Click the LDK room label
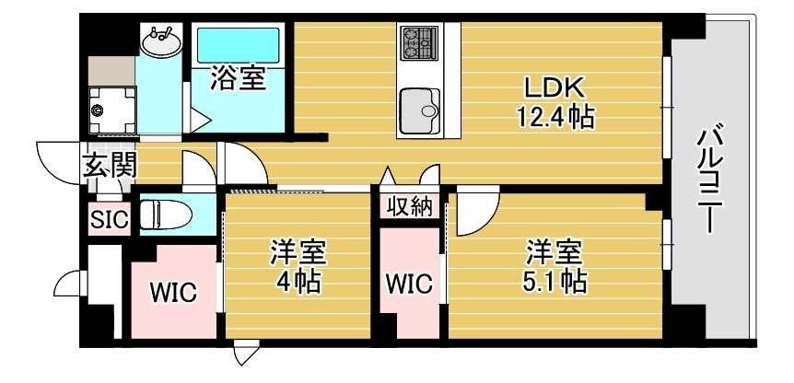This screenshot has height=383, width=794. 555,87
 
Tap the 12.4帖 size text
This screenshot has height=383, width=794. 555,117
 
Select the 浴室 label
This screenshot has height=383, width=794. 238,79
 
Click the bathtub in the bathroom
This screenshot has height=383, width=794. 238,44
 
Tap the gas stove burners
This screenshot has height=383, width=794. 420,41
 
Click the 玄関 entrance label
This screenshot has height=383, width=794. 111,166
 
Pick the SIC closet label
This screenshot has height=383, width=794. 110,219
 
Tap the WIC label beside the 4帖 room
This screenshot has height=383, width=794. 173,293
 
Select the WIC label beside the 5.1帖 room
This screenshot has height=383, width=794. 409,284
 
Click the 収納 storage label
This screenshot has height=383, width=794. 409,206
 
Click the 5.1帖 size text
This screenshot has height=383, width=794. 555,281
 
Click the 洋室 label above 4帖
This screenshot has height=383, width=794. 298,250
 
